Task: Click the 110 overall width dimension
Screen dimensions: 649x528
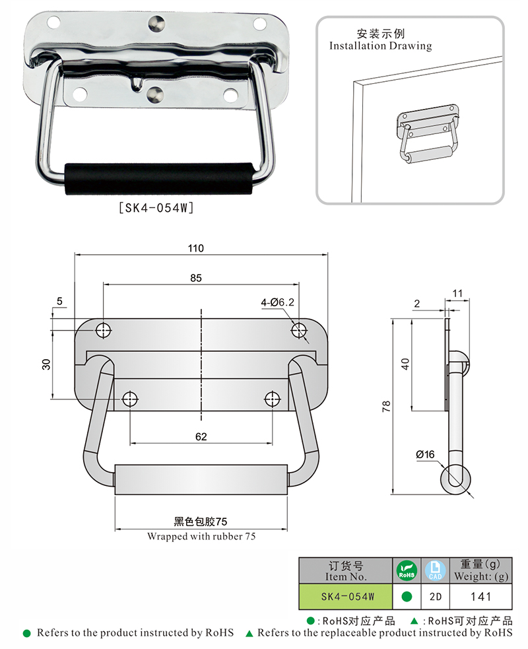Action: pyautogui.click(x=196, y=248)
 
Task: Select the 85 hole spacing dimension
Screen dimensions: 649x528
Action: pyautogui.click(x=196, y=278)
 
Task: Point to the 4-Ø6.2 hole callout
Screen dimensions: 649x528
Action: pyautogui.click(x=277, y=302)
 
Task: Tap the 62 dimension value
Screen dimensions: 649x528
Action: pyautogui.click(x=201, y=436)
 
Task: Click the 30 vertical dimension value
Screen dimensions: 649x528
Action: pyautogui.click(x=47, y=364)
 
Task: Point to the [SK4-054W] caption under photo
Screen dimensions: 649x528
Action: pyautogui.click(x=155, y=207)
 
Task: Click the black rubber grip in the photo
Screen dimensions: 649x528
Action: pyautogui.click(x=159, y=179)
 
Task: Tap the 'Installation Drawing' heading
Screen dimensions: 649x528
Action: pyautogui.click(x=380, y=46)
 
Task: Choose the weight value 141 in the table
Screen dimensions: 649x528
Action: pyautogui.click(x=480, y=597)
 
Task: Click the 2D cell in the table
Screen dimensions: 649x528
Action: pyautogui.click(x=436, y=597)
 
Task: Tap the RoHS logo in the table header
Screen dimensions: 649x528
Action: pyautogui.click(x=407, y=570)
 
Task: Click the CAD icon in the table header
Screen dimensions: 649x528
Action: pyautogui.click(x=436, y=570)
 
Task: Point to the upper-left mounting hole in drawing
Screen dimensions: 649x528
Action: pyautogui.click(x=104, y=330)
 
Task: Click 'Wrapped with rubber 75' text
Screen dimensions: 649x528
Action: pyautogui.click(x=201, y=536)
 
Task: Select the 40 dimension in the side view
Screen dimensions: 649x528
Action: pyautogui.click(x=406, y=363)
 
